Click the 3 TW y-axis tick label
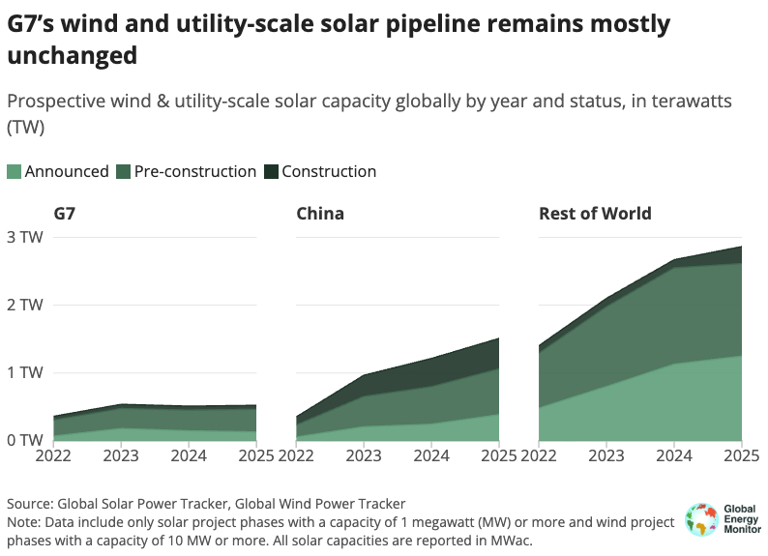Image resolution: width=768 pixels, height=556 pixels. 24,237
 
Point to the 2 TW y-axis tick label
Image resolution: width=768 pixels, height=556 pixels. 24,305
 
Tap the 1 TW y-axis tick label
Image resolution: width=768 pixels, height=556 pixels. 24,372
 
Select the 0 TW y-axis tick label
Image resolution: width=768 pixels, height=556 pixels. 24,440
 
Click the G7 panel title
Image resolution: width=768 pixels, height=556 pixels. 65,214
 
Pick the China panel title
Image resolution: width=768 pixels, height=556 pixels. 320,214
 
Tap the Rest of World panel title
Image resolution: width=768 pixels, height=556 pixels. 595,214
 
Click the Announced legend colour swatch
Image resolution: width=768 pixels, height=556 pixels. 14,172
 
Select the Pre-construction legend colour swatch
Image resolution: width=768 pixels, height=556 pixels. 123,172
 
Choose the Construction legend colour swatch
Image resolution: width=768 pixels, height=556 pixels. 271,172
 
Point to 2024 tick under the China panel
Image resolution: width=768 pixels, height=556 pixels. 430,455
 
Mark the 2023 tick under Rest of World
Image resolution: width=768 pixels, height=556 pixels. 606,455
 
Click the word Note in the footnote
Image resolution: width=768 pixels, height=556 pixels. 24,522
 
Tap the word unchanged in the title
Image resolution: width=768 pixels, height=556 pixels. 72,57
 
